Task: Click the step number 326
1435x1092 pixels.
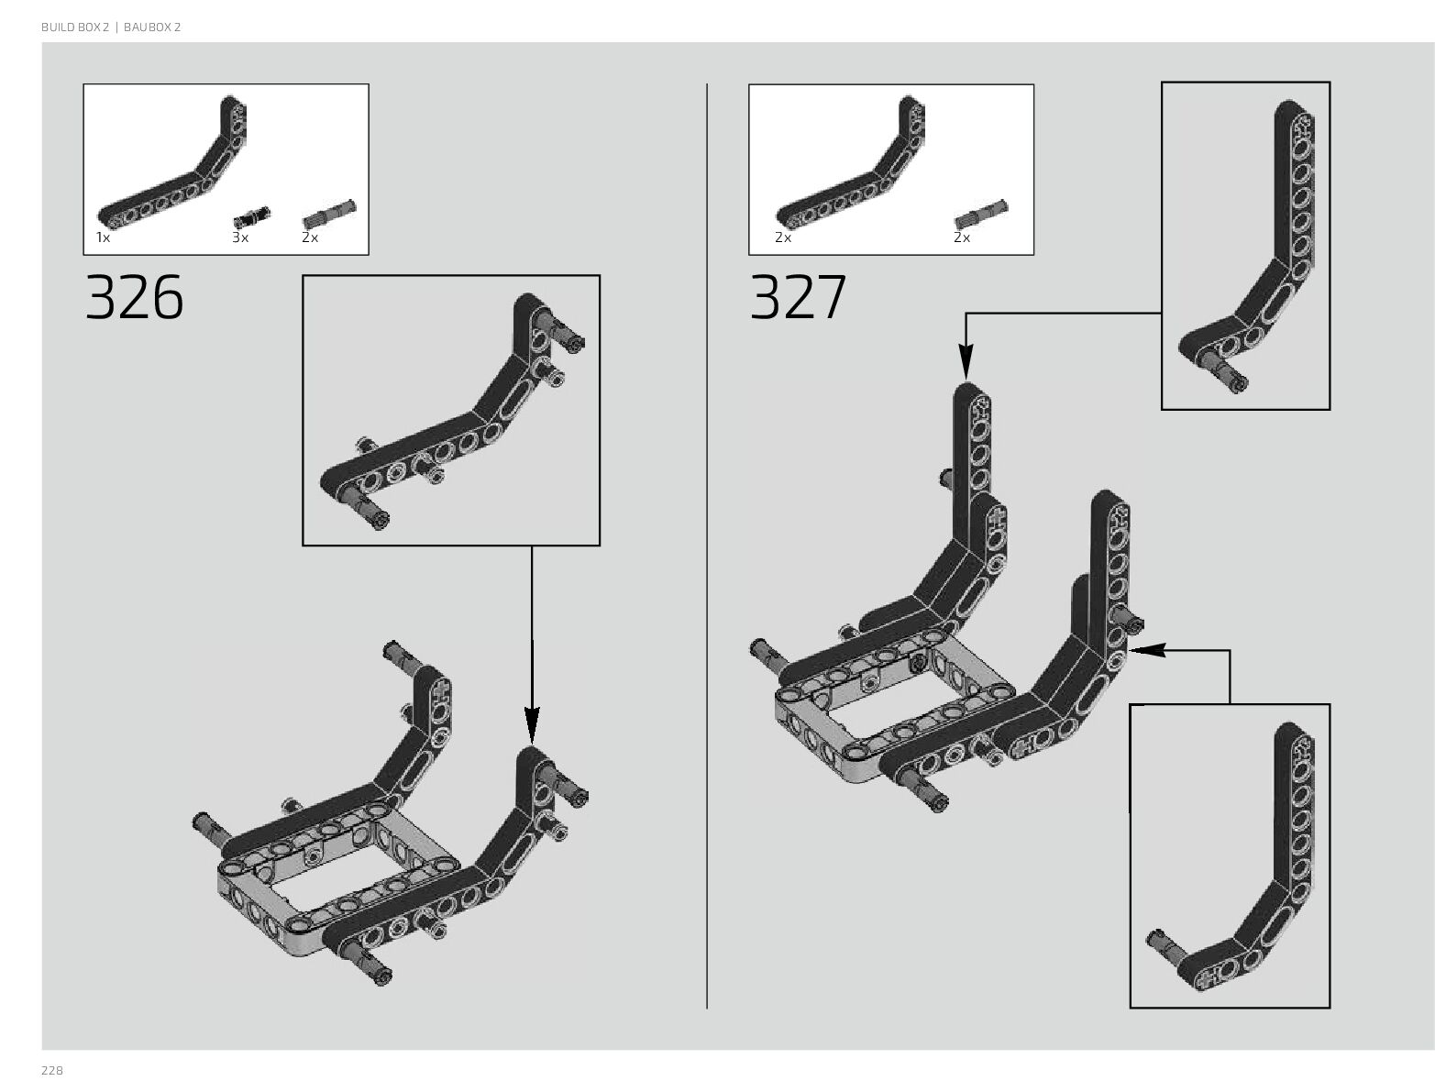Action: pos(134,298)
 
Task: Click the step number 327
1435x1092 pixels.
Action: pos(798,298)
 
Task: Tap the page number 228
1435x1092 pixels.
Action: pos(51,1071)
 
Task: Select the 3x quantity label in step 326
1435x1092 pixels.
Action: pos(240,237)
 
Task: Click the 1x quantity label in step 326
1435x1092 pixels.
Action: pos(103,237)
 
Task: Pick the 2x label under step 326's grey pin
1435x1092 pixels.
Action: pos(310,237)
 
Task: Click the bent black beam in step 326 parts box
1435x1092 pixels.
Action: pos(174,179)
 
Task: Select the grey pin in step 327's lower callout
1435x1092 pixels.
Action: pos(1165,940)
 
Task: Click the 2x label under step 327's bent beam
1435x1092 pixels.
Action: pos(782,237)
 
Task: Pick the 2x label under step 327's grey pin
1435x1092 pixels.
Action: pos(961,237)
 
